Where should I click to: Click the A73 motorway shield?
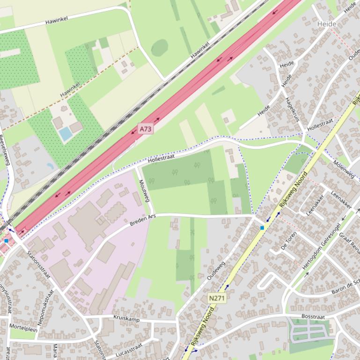[x=146, y=129]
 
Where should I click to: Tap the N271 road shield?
[x=217, y=298]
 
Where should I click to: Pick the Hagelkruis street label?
[x=292, y=108]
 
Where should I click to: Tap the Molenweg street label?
[x=344, y=169]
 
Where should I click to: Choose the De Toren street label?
[x=289, y=240]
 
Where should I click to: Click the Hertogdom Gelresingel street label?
[x=321, y=252]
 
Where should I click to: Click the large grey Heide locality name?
[x=326, y=23]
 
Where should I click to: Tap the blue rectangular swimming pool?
[x=66, y=134]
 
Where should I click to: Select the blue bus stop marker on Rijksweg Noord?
[x=262, y=228]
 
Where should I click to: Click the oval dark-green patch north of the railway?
[x=159, y=47]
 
